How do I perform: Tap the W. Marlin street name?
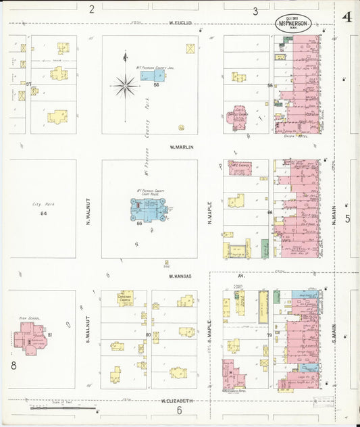(182, 147)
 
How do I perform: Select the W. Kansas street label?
(180, 276)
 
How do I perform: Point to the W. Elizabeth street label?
(177, 401)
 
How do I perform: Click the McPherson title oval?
(293, 23)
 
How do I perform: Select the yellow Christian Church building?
(126, 298)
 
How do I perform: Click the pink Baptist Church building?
(240, 116)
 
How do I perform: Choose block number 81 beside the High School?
(50, 334)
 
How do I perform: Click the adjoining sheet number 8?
(13, 366)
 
